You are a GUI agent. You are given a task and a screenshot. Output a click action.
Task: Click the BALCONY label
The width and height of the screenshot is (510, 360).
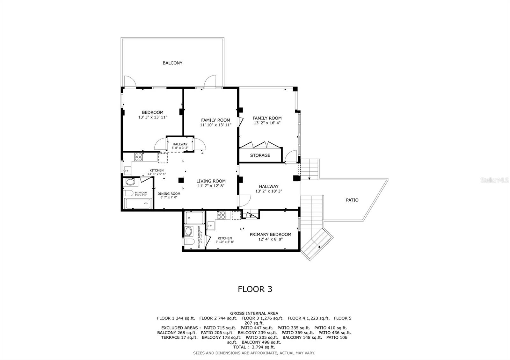pos(172,63)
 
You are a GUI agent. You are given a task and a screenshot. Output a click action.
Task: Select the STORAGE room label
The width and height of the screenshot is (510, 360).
pos(260,155)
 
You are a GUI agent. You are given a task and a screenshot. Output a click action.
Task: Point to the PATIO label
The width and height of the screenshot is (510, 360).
pos(352,200)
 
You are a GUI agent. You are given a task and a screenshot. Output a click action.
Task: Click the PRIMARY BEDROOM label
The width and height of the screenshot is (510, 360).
pos(270,234)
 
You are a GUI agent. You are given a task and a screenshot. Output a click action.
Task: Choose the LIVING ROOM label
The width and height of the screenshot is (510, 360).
pos(211,181)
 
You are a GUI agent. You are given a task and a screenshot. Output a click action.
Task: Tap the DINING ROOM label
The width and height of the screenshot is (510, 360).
pos(169,194)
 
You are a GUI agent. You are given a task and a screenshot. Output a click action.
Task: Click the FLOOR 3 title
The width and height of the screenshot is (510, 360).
pos(255,289)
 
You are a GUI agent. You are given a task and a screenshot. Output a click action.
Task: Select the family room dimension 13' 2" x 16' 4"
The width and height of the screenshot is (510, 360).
pos(267,123)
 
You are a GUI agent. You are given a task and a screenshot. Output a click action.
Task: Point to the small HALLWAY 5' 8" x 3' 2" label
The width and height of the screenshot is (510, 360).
pos(180,146)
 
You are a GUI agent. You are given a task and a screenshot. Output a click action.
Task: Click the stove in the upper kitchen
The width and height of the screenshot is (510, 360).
pos(138,157)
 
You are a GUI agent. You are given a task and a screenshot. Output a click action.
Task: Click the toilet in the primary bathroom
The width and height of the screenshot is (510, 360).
pos(188,241)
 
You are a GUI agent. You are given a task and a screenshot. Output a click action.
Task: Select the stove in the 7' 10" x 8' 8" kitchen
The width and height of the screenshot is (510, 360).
pos(221,215)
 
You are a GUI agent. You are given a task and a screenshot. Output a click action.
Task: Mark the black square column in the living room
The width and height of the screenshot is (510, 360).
pos(181,180)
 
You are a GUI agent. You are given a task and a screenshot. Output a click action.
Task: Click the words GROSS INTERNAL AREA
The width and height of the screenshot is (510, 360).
pos(254,313)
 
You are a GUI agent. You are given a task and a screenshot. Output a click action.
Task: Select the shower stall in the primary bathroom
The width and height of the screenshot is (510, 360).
pos(194,218)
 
